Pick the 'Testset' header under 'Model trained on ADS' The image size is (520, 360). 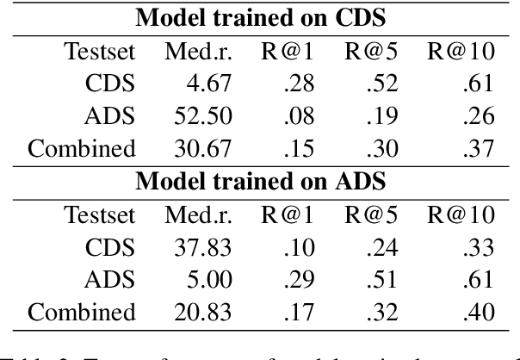99,214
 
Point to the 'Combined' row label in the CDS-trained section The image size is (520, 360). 83,149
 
